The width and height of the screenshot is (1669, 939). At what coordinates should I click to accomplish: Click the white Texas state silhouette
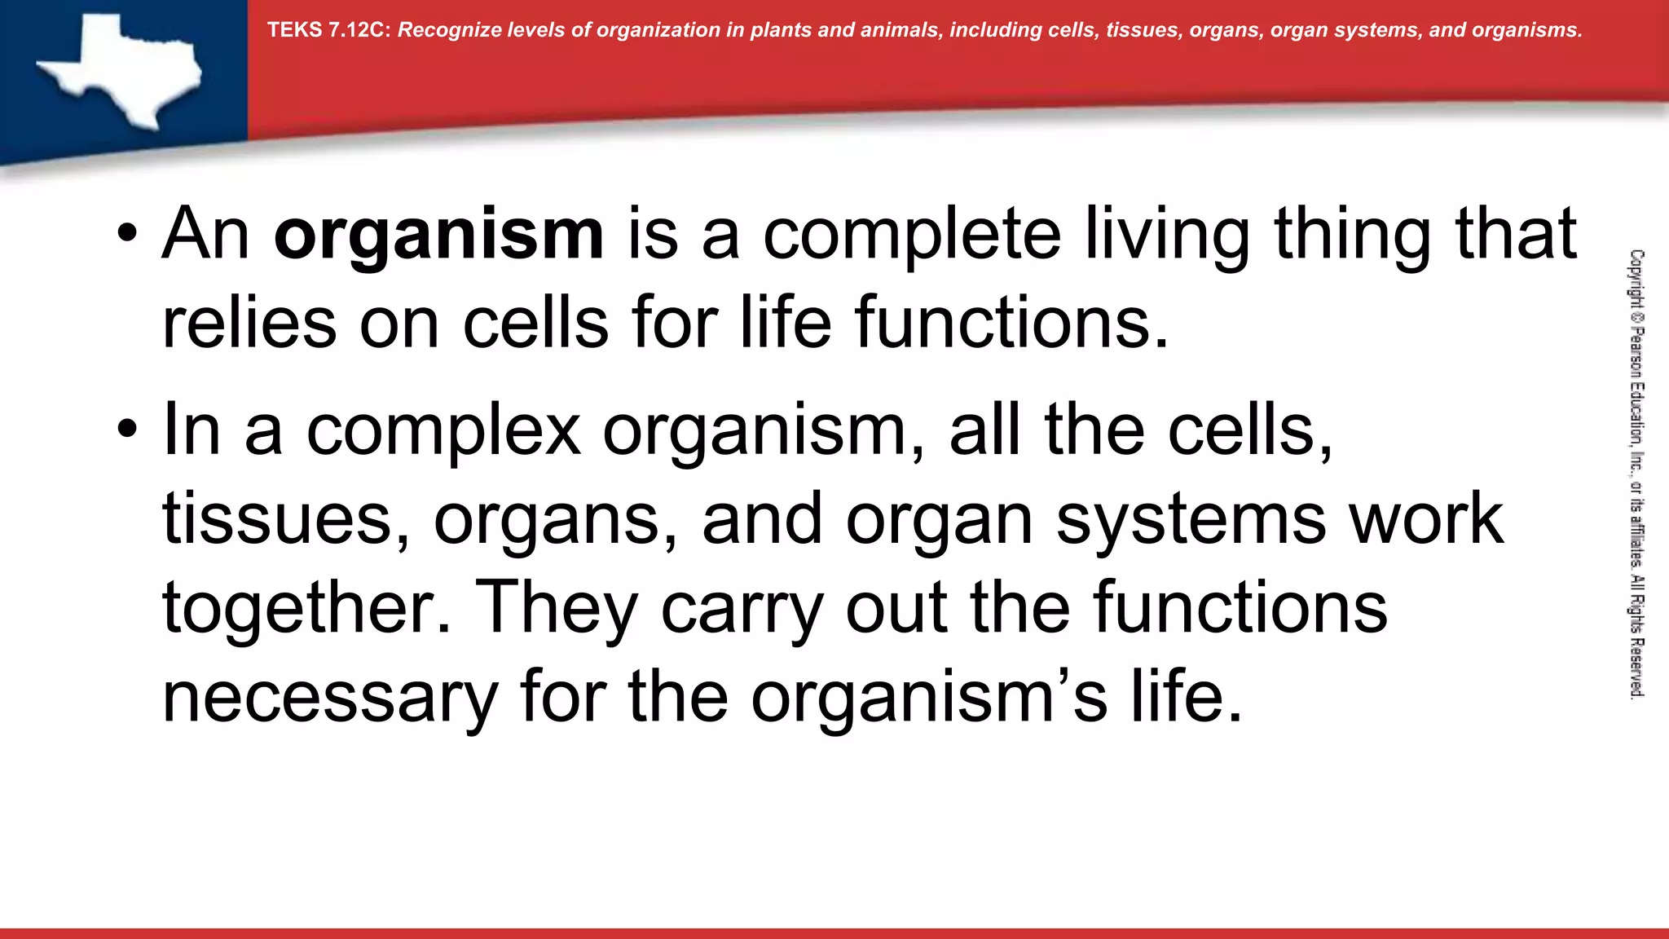pos(122,69)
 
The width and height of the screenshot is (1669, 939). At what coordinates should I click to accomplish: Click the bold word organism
pos(438,236)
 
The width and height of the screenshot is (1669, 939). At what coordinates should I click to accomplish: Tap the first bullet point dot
pos(127,235)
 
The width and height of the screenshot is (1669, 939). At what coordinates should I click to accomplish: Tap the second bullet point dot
pos(127,430)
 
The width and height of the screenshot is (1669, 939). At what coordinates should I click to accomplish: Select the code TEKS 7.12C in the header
pos(328,30)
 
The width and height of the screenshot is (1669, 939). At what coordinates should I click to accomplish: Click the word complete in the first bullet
pos(911,236)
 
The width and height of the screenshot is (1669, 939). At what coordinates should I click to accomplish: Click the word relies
pos(249,324)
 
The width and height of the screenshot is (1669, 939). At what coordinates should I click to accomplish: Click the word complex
pos(443,432)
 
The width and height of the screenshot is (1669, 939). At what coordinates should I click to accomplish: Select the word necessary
pos(330,699)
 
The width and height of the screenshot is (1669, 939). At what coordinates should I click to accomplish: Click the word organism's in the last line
pos(928,699)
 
